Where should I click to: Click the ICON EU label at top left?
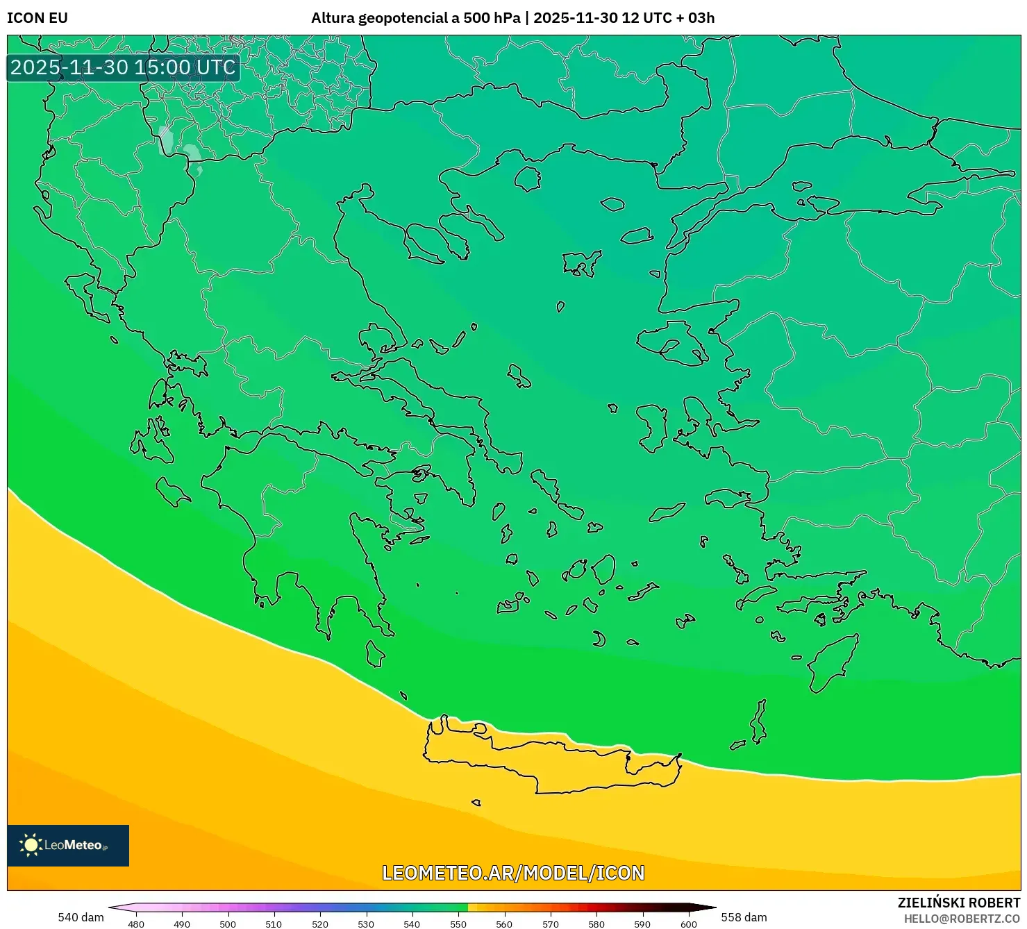(x=37, y=18)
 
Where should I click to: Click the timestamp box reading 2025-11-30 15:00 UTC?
(x=124, y=67)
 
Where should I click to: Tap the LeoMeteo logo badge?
(x=68, y=845)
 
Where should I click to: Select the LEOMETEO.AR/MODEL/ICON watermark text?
(x=513, y=873)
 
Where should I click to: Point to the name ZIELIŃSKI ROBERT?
(x=958, y=903)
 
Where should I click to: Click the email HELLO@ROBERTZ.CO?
(x=962, y=919)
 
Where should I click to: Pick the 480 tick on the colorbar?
(x=136, y=923)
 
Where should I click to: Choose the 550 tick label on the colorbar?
(x=458, y=923)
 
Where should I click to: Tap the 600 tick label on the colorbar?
(x=688, y=923)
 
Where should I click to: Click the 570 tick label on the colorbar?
(x=550, y=923)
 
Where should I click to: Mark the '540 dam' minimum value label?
(x=81, y=917)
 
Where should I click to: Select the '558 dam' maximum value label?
(x=744, y=917)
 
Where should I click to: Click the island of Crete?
(x=549, y=764)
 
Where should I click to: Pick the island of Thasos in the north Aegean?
(x=528, y=178)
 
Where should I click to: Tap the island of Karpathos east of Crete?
(x=760, y=722)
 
